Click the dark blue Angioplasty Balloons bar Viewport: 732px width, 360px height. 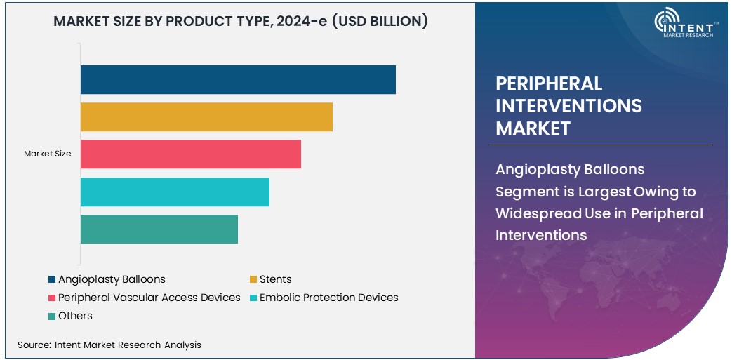238,79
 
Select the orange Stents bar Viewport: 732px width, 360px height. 206,116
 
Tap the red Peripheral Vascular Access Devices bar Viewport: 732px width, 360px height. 190,154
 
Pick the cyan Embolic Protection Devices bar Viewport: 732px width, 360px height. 175,192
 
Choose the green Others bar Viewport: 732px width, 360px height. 159,229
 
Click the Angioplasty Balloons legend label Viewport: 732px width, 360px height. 112,279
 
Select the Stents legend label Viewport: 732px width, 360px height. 275,279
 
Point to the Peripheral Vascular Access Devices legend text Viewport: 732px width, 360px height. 149,298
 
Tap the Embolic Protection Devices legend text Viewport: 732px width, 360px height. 328,298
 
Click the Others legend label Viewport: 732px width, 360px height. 75,316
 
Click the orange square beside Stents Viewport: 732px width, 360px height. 253,279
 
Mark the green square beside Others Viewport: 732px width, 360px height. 52,316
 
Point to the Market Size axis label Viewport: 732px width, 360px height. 47,154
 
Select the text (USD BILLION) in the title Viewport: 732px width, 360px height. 379,21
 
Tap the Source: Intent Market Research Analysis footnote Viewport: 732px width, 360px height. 109,345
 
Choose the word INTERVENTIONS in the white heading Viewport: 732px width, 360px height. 568,105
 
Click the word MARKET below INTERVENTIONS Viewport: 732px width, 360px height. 533,128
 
